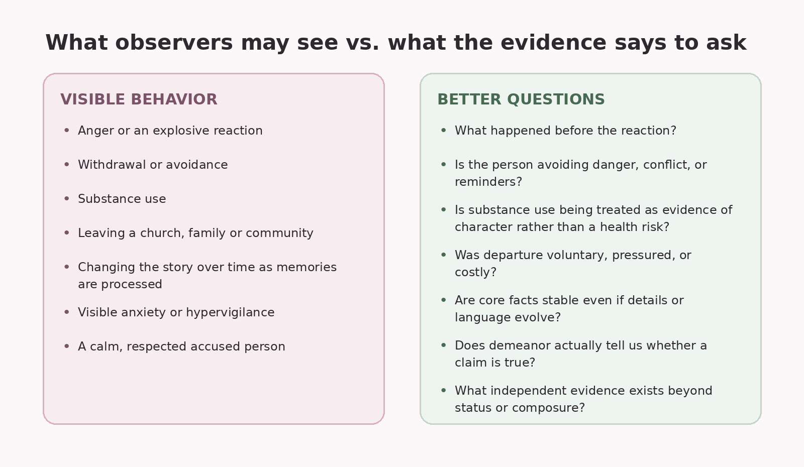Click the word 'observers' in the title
click(174, 43)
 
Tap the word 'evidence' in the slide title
click(553, 43)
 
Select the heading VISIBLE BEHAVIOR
click(139, 99)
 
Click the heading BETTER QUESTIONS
click(521, 99)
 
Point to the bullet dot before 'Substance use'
click(66, 198)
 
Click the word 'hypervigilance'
click(230, 312)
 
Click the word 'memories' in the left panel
click(307, 267)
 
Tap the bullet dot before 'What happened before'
click(443, 130)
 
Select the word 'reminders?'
click(488, 182)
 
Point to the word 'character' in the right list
click(484, 227)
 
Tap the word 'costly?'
click(475, 272)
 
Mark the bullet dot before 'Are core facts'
click(443, 299)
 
